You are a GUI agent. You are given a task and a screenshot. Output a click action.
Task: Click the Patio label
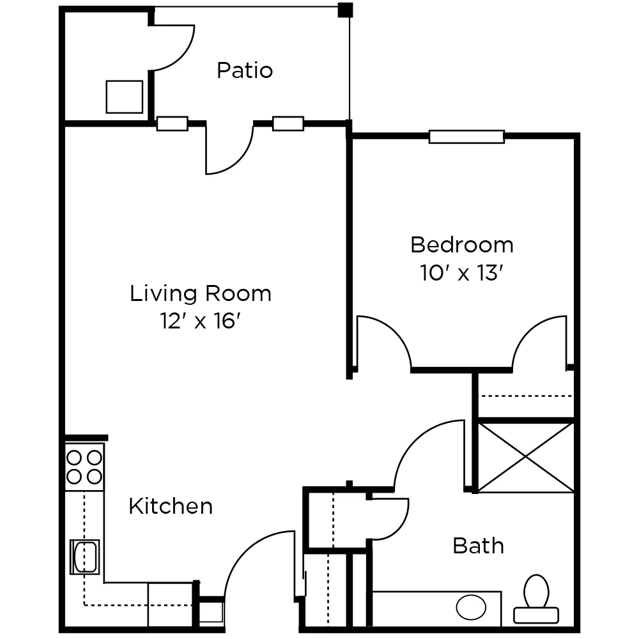(x=245, y=70)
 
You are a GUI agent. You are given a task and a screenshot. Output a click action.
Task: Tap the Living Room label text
(x=201, y=294)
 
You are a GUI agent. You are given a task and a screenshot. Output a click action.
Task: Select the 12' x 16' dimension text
(x=201, y=321)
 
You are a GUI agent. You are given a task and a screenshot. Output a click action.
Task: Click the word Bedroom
(x=461, y=245)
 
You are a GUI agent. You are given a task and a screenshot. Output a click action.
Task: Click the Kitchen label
(x=171, y=506)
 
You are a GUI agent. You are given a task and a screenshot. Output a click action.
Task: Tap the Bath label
(x=478, y=546)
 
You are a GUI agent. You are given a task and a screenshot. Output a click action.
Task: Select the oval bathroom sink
(x=471, y=606)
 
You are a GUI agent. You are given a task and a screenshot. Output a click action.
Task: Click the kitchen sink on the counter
(x=85, y=557)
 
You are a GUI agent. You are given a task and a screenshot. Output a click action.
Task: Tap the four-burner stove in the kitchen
(x=84, y=466)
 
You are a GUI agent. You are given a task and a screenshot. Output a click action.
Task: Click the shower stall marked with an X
(x=526, y=457)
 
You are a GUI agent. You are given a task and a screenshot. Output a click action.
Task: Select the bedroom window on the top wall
(x=466, y=136)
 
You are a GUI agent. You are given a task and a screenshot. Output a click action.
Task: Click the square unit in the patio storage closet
(x=124, y=97)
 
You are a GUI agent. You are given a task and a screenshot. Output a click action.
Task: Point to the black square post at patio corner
(x=345, y=10)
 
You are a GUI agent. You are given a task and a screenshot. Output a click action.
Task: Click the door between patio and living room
(x=229, y=148)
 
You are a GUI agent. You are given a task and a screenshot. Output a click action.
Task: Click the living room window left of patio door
(x=173, y=123)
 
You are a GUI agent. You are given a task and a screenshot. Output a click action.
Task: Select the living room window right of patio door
(x=288, y=123)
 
